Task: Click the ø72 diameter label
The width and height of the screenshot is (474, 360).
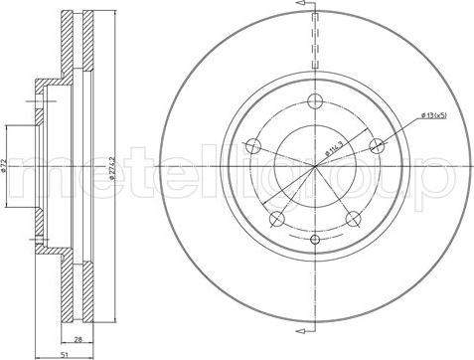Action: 7,165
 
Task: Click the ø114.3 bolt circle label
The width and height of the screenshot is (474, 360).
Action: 334,151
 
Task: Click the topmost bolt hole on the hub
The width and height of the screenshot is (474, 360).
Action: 316,100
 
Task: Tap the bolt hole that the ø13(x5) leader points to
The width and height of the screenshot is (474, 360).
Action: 377,145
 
